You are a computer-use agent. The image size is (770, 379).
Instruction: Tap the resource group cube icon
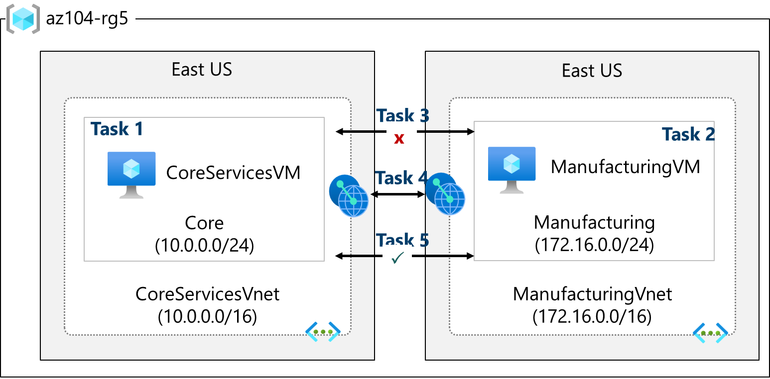click(23, 19)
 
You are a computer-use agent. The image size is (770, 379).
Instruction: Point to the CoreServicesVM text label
click(233, 173)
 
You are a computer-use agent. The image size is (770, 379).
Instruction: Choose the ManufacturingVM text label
click(625, 167)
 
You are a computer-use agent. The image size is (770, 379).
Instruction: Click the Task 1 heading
click(117, 129)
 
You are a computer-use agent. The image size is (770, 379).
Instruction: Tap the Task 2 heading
click(688, 134)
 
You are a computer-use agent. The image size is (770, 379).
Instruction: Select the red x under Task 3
click(398, 139)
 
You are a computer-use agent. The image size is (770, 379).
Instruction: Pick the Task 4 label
click(401, 178)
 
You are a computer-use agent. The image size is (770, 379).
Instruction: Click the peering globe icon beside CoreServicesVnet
click(349, 195)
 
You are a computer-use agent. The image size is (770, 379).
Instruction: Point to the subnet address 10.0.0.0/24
click(204, 246)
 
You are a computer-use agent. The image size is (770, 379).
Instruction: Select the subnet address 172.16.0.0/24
click(594, 245)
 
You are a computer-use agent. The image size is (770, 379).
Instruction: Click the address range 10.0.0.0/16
click(207, 316)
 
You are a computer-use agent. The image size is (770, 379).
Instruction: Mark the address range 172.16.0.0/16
click(592, 316)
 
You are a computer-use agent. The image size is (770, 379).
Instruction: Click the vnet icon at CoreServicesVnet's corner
click(322, 332)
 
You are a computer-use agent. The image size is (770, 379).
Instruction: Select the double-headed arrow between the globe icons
click(397, 194)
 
